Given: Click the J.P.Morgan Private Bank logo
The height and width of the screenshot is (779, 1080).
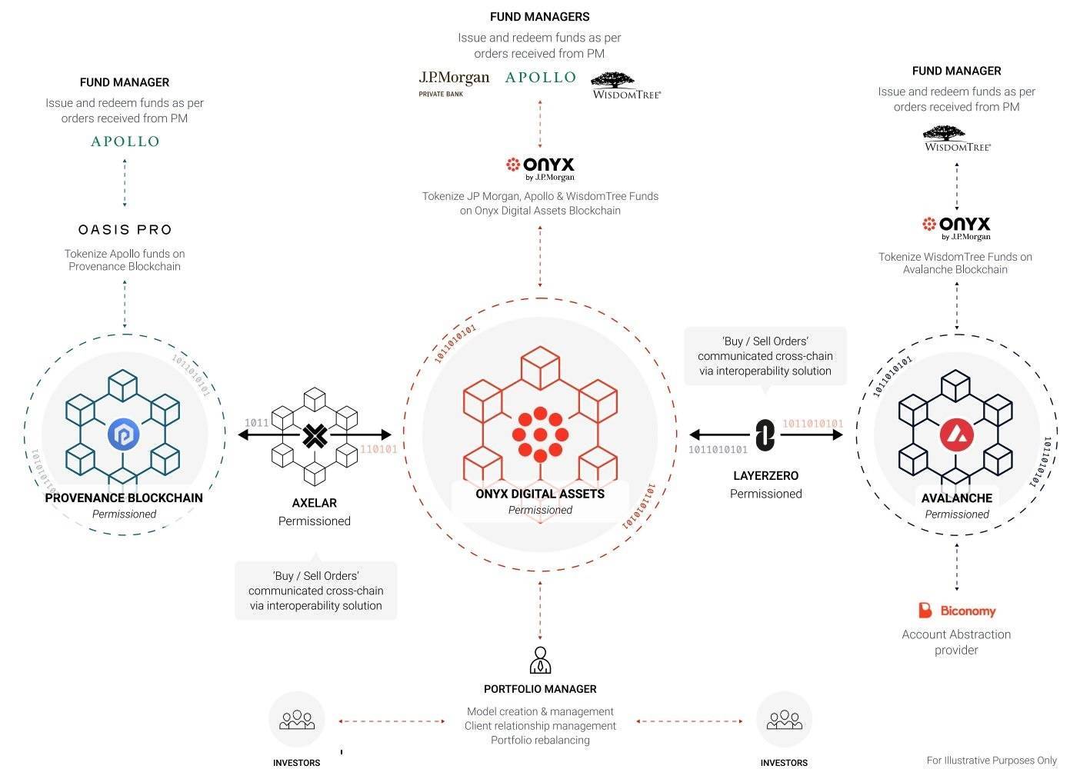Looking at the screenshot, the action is point(454,83).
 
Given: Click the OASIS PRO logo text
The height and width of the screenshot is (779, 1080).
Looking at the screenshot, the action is point(125,229).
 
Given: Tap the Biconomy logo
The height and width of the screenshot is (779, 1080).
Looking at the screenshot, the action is point(957,611).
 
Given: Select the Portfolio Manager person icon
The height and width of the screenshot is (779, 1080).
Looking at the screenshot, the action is point(540,660).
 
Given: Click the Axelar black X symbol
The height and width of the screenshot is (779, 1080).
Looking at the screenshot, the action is point(315,436).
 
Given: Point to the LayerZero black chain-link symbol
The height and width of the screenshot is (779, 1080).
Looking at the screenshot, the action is point(765,434).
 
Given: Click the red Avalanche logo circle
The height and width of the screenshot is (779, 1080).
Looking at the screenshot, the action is point(957,435).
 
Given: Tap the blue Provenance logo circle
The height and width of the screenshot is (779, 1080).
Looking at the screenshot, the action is point(123,434).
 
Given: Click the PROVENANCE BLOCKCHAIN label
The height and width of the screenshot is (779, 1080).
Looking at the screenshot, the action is point(124,498).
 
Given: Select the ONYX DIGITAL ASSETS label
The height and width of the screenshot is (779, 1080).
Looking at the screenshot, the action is point(540,494).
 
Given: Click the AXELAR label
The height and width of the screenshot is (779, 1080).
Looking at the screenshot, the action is point(315,503).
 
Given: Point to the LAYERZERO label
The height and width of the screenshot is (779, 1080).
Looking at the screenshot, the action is point(765,476).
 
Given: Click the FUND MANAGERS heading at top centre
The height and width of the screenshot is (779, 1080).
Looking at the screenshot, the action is point(539,17).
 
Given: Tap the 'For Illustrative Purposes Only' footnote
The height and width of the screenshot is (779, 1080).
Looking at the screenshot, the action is point(992,761).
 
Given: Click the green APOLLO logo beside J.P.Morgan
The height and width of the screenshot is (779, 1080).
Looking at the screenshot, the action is point(541,77).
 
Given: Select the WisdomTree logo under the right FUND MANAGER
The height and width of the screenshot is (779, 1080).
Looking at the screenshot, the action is point(958,139).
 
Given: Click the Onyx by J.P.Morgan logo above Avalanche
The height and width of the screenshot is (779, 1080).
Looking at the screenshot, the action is point(957,228).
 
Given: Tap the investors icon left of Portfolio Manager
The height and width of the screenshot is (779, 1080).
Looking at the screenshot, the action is point(296,720).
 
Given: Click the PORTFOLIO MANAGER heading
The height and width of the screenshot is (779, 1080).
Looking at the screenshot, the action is point(540,689).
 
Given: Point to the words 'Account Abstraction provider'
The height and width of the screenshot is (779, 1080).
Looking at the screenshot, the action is point(956,642).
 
